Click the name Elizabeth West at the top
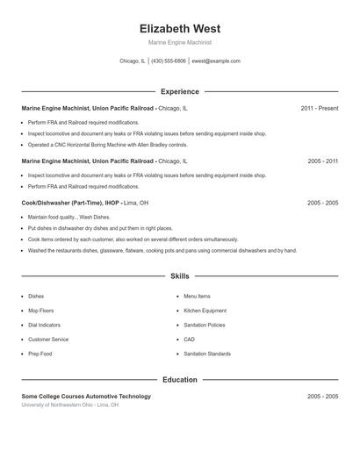pyautogui.click(x=179, y=28)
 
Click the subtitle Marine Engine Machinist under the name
pyautogui.click(x=179, y=42)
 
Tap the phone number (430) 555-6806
pyautogui.click(x=169, y=61)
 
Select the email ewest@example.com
pyautogui.click(x=216, y=61)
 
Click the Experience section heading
pyautogui.click(x=179, y=91)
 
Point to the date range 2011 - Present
pyautogui.click(x=319, y=108)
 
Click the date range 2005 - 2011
pyautogui.click(x=322, y=161)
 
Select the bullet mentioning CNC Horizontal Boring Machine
pyautogui.click(x=108, y=145)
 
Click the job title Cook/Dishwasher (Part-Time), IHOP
pyautogui.click(x=70, y=203)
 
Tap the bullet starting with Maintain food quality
pyautogui.click(x=69, y=217)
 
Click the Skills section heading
pyautogui.click(x=179, y=276)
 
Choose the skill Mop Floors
pyautogui.click(x=40, y=311)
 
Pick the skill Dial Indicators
pyautogui.click(x=43, y=325)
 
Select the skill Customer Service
pyautogui.click(x=48, y=339)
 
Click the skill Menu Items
pyautogui.click(x=197, y=297)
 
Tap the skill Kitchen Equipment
pyautogui.click(x=205, y=311)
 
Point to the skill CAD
pyautogui.click(x=189, y=339)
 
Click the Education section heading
pyautogui.click(x=179, y=380)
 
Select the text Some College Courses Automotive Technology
pyautogui.click(x=86, y=397)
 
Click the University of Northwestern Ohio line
pyautogui.click(x=70, y=405)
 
